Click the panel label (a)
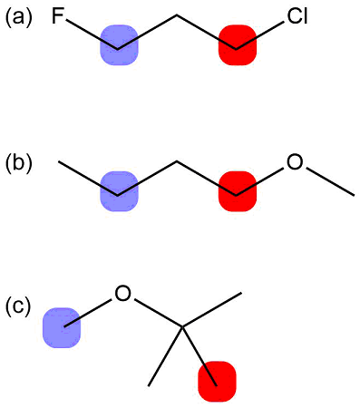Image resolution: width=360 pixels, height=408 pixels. pyautogui.click(x=19, y=17)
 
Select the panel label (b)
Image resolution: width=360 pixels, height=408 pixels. pyautogui.click(x=19, y=163)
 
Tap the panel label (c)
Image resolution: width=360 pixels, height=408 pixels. pyautogui.click(x=19, y=306)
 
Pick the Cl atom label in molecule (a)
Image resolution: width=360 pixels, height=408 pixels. pyautogui.click(x=297, y=17)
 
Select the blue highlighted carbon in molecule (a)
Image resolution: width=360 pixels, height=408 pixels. pyautogui.click(x=119, y=44)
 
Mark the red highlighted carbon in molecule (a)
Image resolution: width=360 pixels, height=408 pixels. pyautogui.click(x=238, y=44)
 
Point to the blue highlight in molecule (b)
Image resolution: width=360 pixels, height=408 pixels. pyautogui.click(x=119, y=192)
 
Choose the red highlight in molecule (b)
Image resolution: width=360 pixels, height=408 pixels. pyautogui.click(x=238, y=192)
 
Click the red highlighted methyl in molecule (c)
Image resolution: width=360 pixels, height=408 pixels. pyautogui.click(x=217, y=381)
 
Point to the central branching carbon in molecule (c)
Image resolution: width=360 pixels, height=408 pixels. pyautogui.click(x=181, y=326)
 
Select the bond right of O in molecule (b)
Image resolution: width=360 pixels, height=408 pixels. pyautogui.click(x=329, y=180)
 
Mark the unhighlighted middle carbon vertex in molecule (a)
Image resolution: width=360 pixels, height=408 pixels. pyautogui.click(x=178, y=15)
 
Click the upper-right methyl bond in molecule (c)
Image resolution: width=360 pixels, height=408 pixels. pyautogui.click(x=211, y=309)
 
